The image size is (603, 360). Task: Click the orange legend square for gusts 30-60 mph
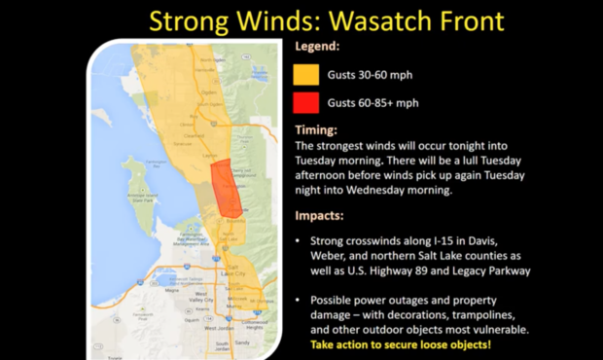306,73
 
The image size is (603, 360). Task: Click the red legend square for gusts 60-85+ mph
306,103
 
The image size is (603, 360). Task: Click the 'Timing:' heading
315,128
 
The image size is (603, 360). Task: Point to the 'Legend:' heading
318,46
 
